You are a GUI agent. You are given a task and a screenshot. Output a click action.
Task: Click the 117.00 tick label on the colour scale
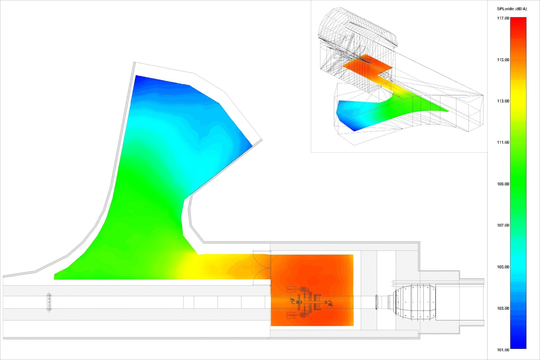(503, 18)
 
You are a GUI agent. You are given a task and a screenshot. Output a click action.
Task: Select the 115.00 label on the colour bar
(503, 60)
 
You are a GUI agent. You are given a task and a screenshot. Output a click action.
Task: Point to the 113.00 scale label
(503, 101)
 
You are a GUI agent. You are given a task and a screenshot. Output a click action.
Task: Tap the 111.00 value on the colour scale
(503, 143)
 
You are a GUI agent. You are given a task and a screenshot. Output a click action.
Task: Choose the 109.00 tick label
(503, 184)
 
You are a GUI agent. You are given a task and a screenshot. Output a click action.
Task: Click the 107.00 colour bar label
(503, 225)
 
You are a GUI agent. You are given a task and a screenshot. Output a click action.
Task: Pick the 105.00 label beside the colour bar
(503, 267)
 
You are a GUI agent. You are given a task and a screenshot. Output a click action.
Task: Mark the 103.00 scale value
(503, 309)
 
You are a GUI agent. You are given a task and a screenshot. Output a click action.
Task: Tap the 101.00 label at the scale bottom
(503, 350)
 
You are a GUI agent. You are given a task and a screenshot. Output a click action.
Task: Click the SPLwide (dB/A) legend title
(512, 9)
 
